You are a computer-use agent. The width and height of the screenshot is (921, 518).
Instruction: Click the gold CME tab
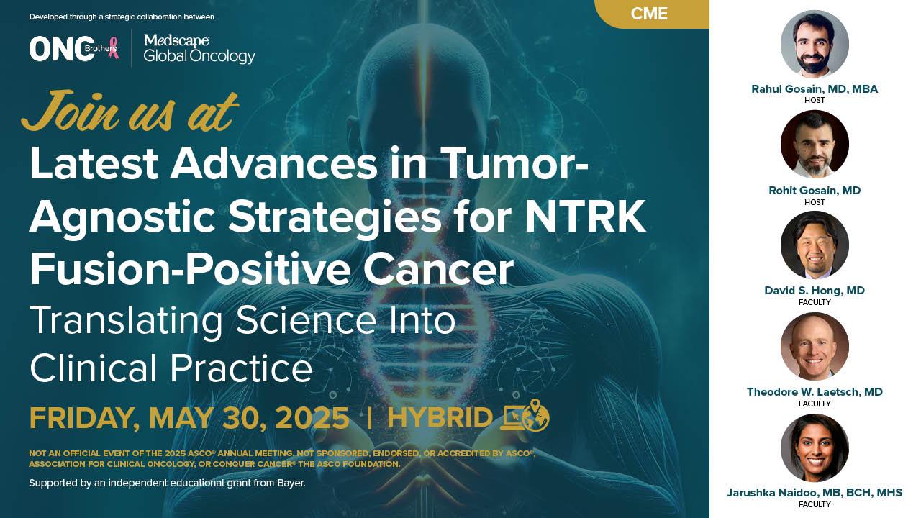652,14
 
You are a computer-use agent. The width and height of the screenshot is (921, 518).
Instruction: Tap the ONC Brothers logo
74,49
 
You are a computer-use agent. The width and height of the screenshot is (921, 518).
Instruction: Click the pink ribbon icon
113,48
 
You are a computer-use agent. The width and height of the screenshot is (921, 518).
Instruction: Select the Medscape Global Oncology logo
199,49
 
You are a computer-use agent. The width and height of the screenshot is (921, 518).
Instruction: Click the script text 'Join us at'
130,111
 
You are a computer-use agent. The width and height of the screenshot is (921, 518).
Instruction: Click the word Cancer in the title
438,269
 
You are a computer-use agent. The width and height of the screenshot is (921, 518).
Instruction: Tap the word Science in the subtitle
306,320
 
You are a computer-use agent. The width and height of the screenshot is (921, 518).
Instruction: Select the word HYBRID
440,418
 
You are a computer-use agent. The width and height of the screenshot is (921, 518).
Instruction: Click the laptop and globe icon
525,415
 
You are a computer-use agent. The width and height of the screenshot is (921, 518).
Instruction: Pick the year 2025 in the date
312,418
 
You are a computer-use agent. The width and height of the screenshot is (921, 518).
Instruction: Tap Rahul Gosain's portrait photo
815,44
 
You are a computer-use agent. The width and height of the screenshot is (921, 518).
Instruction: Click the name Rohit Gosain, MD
815,191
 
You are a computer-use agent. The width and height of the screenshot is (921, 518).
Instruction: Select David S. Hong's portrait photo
815,245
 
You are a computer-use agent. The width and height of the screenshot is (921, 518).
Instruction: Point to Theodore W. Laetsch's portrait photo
815,346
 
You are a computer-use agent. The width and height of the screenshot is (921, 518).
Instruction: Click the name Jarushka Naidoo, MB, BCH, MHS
815,493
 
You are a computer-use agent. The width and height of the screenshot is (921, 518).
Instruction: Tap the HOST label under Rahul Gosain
815,100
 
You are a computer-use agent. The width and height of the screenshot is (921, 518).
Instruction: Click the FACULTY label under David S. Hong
815,302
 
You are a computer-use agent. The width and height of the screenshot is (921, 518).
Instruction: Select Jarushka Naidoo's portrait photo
815,447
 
